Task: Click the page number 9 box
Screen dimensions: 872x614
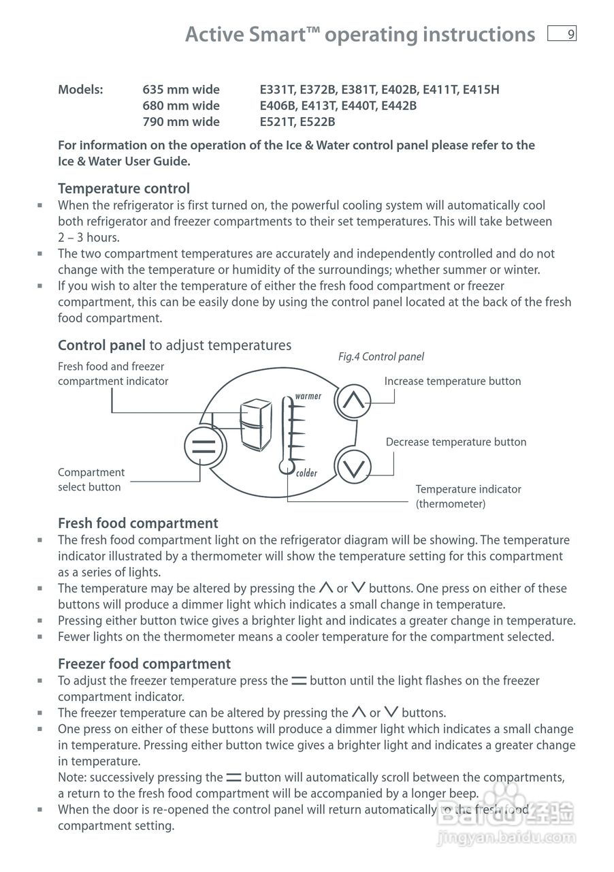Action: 562,33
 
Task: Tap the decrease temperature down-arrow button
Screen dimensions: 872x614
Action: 353,467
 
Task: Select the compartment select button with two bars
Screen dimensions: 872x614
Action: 203,447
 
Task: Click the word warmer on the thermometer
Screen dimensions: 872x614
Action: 308,396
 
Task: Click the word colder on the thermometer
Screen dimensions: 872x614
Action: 307,473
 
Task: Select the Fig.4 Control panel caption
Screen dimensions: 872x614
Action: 381,357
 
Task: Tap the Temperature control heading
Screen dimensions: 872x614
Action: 123,188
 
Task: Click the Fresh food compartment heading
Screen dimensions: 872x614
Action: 138,523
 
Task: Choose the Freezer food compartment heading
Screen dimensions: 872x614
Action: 144,664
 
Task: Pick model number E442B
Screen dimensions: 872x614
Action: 398,106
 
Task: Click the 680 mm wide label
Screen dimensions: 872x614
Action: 180,106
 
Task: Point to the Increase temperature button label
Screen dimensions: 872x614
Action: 452,381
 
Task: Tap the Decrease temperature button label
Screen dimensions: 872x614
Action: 455,442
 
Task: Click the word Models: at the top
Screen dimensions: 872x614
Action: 80,89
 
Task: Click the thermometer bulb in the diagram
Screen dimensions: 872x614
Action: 284,467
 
